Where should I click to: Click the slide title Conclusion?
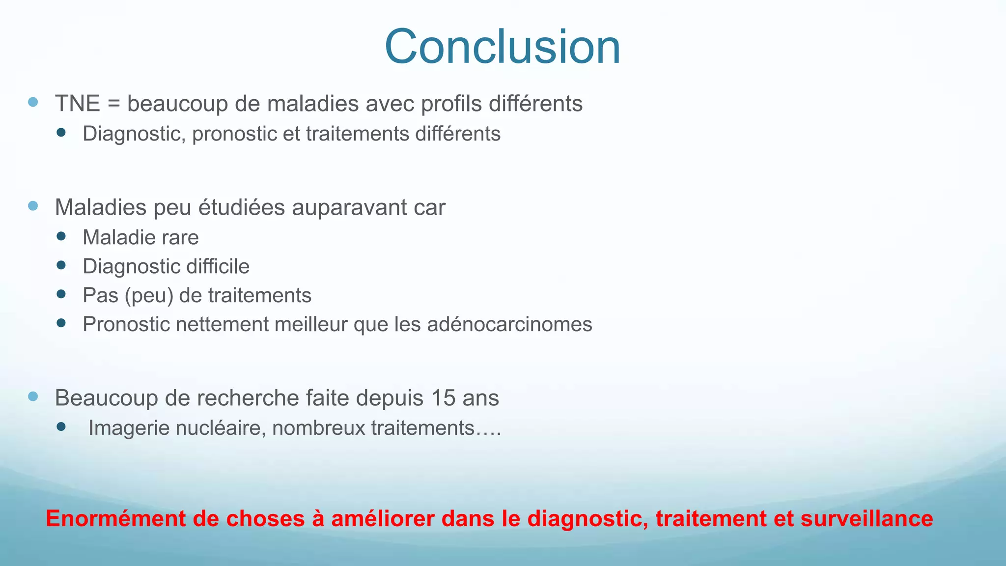tap(503, 47)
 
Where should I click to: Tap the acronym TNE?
tap(78, 104)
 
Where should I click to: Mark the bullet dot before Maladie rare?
tap(61, 236)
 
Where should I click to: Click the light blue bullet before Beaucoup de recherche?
tap(33, 396)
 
